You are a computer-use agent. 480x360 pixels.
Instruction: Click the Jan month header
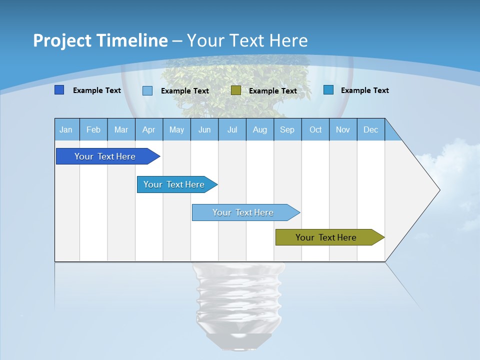point(66,129)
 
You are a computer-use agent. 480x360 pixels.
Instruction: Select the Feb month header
point(93,129)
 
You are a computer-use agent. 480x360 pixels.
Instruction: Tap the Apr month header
point(149,129)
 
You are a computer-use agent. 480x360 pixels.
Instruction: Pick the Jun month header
point(204,129)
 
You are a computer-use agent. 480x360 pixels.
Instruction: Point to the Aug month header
point(260,129)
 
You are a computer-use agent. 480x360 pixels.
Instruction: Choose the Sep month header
point(287,129)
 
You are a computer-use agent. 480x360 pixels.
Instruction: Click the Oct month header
point(315,129)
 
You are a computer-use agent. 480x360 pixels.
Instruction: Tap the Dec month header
point(371,129)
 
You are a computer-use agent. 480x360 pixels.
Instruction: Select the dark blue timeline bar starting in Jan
point(105,156)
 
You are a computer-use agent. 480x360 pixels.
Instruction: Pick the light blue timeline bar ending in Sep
point(243,212)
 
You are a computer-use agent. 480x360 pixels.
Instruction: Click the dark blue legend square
point(59,90)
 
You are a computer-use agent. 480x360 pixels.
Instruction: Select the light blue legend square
point(147,90)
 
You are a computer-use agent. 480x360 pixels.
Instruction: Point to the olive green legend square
point(236,90)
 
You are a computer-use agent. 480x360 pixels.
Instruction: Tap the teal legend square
point(328,90)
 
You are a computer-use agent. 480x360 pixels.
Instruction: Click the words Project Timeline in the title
point(100,40)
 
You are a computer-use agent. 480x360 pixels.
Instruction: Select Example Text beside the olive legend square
point(273,91)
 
